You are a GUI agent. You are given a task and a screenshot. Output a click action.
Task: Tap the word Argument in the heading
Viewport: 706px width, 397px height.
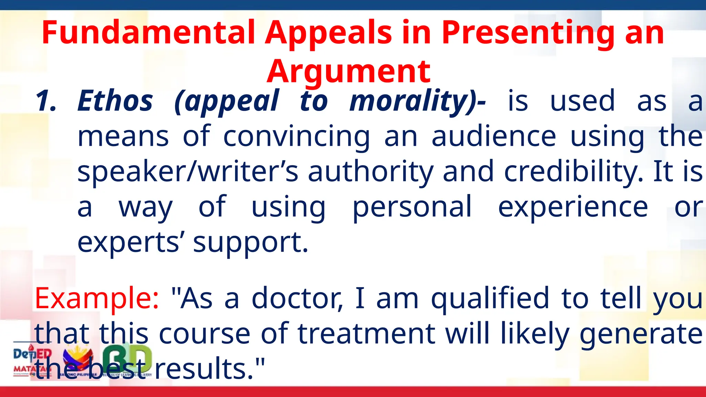[x=349, y=72]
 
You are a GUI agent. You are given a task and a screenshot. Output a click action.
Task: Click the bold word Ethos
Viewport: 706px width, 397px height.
[x=115, y=101]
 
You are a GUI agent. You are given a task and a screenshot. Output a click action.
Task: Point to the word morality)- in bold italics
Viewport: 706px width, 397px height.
[x=417, y=101]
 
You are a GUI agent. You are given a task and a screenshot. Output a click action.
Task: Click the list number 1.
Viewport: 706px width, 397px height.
[x=46, y=101]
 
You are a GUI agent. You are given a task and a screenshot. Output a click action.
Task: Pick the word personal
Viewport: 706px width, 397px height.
[x=412, y=207]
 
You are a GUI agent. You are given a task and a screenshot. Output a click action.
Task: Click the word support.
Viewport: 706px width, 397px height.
[x=250, y=243]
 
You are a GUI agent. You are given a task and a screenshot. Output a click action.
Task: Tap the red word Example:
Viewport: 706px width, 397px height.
[x=97, y=298]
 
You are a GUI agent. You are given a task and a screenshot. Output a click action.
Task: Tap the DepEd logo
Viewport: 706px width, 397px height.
[x=32, y=358]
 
